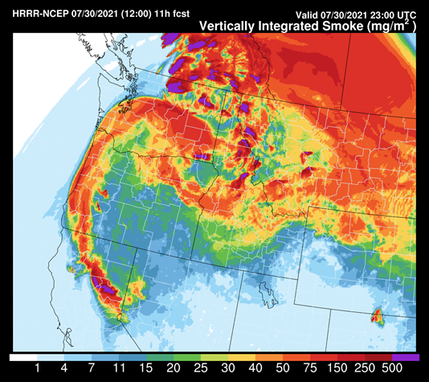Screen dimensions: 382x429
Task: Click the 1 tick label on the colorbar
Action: click(37, 369)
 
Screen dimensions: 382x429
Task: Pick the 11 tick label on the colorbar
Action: click(119, 369)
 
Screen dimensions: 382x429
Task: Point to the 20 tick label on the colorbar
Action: click(174, 369)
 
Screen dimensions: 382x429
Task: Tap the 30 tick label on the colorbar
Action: click(228, 369)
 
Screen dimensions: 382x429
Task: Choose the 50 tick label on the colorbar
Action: click(283, 369)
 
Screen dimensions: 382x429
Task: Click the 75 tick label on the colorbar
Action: click(310, 369)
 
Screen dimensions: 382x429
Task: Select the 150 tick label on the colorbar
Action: click(337, 369)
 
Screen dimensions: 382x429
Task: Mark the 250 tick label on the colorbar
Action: click(365, 369)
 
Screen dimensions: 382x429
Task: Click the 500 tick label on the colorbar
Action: click(392, 369)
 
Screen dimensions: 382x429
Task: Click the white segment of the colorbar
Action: click(22, 356)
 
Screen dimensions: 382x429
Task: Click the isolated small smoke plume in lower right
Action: click(376, 316)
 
